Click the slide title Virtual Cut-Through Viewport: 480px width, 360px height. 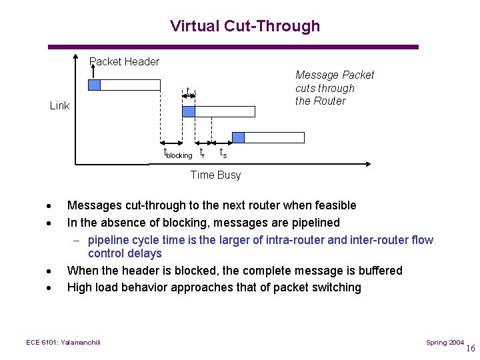pyautogui.click(x=245, y=26)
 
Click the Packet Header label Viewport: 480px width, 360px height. pyautogui.click(x=125, y=62)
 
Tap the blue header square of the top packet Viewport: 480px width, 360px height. pyautogui.click(x=95, y=85)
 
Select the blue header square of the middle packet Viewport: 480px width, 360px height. pyautogui.click(x=189, y=111)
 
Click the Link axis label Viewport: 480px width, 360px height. pyautogui.click(x=59, y=105)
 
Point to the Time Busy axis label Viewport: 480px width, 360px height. pyautogui.click(x=215, y=175)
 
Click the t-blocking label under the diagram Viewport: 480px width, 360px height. pyautogui.click(x=178, y=153)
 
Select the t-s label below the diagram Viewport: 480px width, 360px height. pyautogui.click(x=223, y=153)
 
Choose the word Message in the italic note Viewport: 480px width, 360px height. pyautogui.click(x=317, y=75)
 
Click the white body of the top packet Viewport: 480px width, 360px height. pyautogui.click(x=131, y=85)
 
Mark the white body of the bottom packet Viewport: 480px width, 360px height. pyautogui.click(x=274, y=137)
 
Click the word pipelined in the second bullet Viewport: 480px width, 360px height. pyautogui.click(x=312, y=223)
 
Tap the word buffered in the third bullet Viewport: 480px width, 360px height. pyautogui.click(x=379, y=271)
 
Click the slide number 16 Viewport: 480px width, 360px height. pyautogui.click(x=471, y=348)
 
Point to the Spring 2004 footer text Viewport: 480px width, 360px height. pyautogui.click(x=445, y=342)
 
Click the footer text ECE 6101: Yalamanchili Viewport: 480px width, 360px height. pyautogui.click(x=63, y=342)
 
